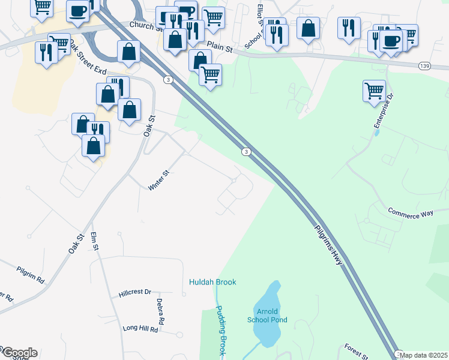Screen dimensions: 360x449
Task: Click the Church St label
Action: [146, 26]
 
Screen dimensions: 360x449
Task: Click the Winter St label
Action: [159, 181]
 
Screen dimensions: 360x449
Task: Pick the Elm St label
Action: [94, 242]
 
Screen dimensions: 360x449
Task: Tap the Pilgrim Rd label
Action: [31, 275]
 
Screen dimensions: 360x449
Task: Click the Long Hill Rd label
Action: [140, 329]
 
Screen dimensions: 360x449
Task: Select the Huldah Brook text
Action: [212, 282]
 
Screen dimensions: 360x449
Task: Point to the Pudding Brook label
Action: [220, 330]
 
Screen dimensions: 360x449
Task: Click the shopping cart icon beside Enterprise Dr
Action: [374, 91]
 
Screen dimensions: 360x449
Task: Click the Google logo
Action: [19, 353]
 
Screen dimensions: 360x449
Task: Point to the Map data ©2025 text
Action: [424, 355]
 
